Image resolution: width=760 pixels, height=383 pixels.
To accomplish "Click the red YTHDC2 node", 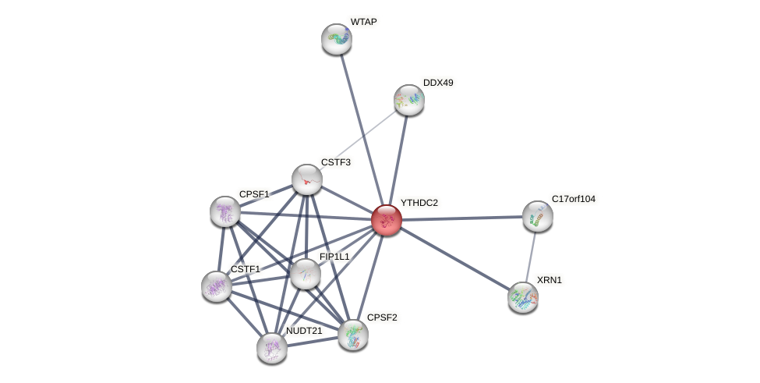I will point(386,220).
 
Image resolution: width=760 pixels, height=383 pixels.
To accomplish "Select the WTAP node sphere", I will point(337,39).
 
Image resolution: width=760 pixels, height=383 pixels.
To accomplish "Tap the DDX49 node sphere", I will point(408,100).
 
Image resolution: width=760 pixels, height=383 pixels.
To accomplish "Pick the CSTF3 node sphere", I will point(307,179).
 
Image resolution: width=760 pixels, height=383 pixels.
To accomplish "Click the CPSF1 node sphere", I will point(225,211).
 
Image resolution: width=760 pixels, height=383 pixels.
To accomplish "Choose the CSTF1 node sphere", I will point(217,286).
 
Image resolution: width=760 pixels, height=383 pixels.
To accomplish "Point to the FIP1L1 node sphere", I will point(305,273).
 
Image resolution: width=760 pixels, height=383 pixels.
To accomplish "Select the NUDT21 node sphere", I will point(272,348).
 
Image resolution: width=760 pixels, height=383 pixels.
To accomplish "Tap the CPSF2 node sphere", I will point(353,335).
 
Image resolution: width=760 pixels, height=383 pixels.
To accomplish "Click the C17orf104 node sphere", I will point(537,216).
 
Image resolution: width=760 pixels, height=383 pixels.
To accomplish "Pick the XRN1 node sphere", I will point(523,297).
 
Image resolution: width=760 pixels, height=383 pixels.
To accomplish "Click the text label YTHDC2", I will point(419,203).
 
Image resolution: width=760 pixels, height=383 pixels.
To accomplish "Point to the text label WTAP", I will point(363,22).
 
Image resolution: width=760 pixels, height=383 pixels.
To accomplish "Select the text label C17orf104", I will point(573,199).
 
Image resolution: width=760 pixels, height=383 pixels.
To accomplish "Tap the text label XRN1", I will point(549,280).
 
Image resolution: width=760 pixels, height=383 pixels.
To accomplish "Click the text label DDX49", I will point(437,83).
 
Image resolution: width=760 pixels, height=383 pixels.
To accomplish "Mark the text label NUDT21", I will point(303,331).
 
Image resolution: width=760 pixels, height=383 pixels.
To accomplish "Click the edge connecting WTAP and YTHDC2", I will point(361,129).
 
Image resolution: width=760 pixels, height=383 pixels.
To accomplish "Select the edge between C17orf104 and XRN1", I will point(530,257).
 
